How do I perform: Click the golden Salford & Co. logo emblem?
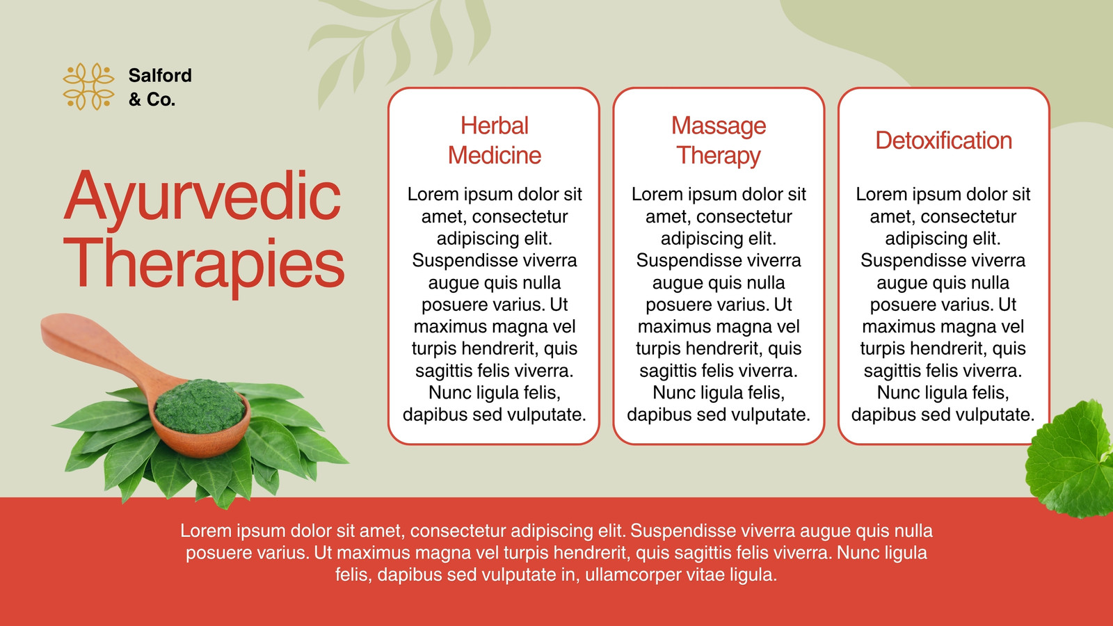coord(88,86)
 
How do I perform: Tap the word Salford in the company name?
coord(160,76)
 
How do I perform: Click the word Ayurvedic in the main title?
coord(202,196)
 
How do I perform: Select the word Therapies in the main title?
coord(204,264)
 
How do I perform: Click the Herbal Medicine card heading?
coord(495,140)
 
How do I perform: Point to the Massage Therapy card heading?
coord(719,140)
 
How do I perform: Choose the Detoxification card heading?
coord(943,141)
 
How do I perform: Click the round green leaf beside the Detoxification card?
coord(1071,460)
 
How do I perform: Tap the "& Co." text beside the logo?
coord(152,99)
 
